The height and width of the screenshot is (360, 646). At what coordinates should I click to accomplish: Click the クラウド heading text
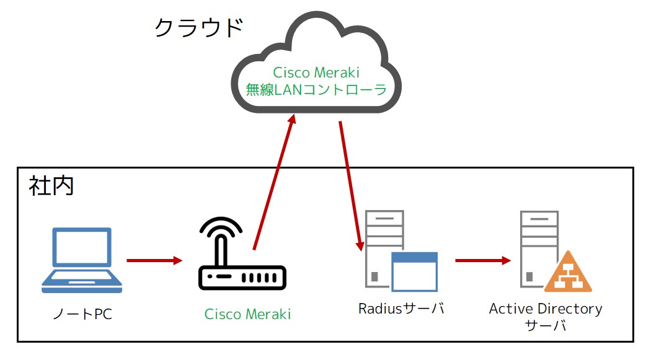click(198, 27)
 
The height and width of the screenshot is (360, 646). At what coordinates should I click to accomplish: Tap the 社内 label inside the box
click(51, 186)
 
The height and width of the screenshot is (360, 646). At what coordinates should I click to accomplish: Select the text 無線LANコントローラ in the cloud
click(316, 90)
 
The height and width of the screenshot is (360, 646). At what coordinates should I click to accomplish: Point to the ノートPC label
click(82, 314)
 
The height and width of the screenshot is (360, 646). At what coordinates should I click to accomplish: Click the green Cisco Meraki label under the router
click(247, 314)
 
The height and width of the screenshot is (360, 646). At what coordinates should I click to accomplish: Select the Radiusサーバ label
click(401, 308)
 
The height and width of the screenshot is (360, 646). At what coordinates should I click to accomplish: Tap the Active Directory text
click(546, 308)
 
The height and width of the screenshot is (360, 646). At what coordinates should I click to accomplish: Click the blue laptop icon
click(82, 260)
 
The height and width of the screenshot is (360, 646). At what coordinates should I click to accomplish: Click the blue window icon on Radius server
click(414, 271)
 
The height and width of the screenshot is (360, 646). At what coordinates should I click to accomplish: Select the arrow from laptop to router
click(154, 260)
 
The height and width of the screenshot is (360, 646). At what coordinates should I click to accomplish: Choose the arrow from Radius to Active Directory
click(482, 260)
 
